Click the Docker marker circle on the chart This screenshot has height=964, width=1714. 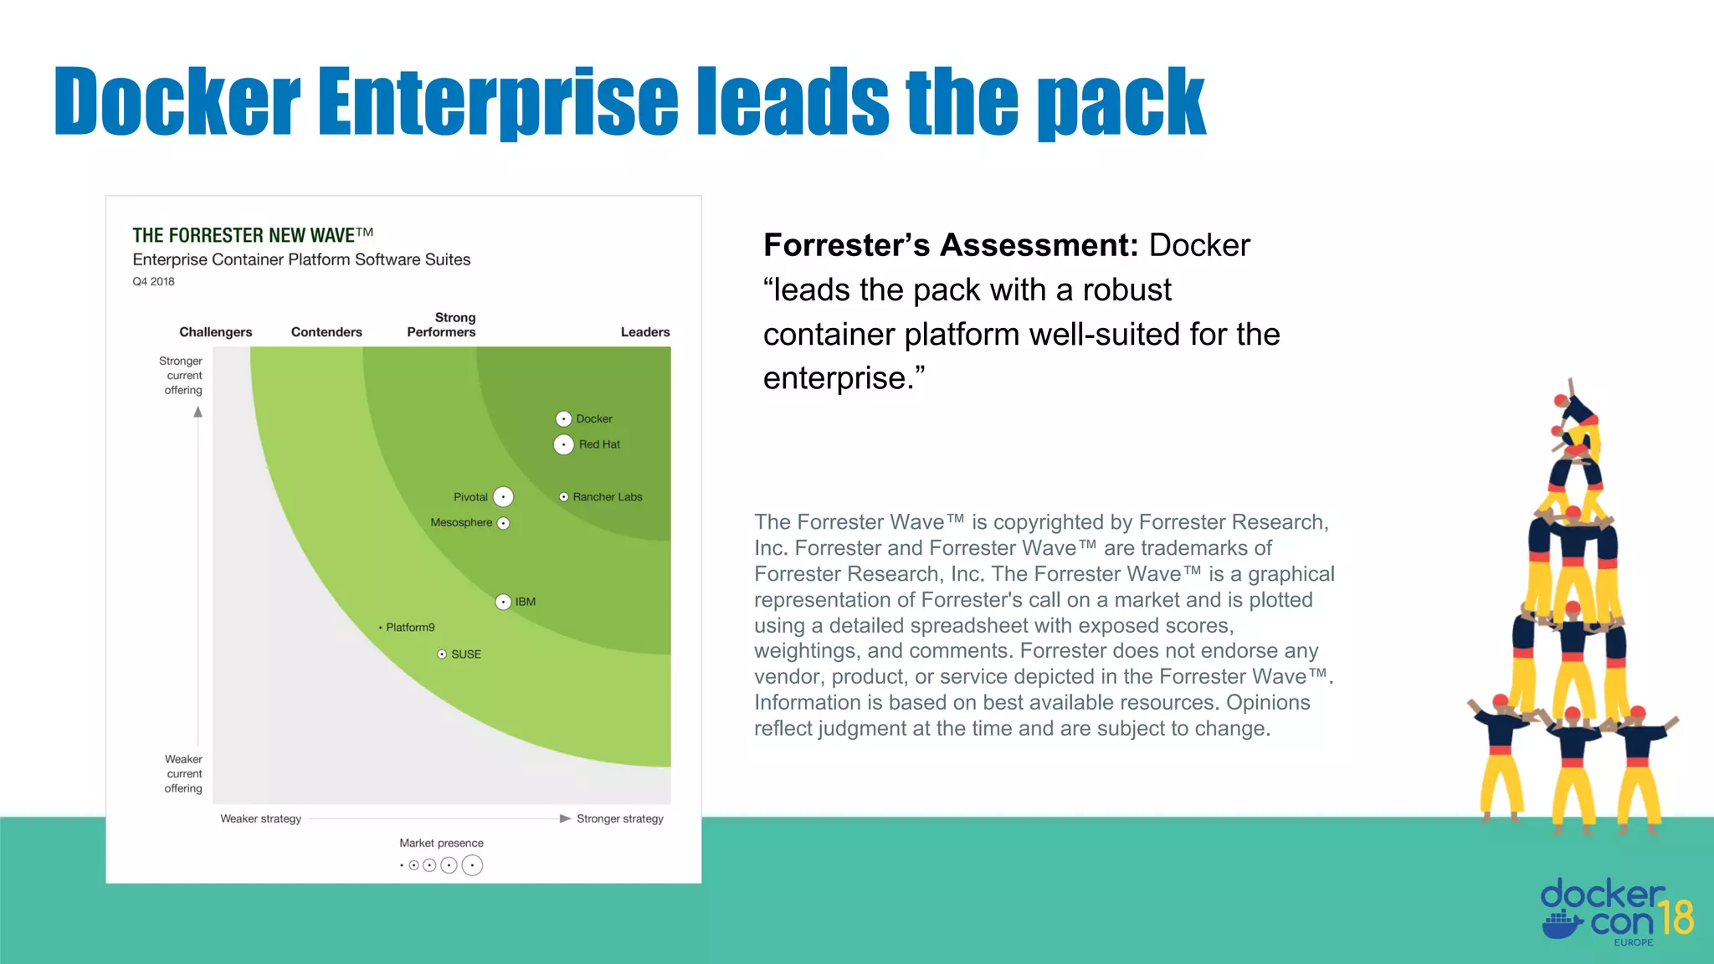tap(564, 418)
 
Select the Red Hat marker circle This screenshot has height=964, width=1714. tap(564, 444)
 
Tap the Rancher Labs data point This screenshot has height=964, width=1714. tap(564, 497)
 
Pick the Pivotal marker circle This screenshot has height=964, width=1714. tap(503, 497)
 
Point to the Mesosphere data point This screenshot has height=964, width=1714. tap(504, 523)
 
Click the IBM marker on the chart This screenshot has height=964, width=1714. tap(503, 602)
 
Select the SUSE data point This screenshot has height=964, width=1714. tap(442, 654)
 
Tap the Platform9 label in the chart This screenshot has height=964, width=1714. tap(410, 628)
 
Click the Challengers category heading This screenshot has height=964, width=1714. tap(215, 332)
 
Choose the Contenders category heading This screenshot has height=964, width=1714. tap(326, 332)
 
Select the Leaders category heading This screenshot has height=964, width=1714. tap(645, 332)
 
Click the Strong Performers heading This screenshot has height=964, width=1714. tap(442, 325)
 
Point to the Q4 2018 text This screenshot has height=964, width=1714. tap(153, 282)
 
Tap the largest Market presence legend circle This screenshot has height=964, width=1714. tap(472, 865)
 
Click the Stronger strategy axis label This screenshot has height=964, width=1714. tap(619, 818)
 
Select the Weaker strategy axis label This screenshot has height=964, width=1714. tap(260, 818)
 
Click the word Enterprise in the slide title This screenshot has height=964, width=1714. tap(497, 102)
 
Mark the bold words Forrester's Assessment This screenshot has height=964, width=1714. tap(951, 245)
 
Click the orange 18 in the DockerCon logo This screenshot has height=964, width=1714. tap(1676, 917)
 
